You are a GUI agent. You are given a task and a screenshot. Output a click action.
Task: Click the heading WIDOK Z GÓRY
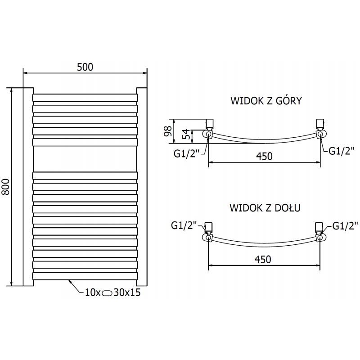coord(265,100)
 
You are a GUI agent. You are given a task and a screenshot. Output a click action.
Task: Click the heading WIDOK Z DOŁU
coord(265,208)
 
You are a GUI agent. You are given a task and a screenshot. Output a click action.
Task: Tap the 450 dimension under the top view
coord(264,156)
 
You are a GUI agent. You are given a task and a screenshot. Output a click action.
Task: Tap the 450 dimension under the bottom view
coord(263,260)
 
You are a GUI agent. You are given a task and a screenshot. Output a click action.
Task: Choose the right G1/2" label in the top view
coord(342,151)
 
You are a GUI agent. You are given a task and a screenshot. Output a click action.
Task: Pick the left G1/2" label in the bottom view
coord(184,225)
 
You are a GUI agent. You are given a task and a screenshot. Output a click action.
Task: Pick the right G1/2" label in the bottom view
coord(345,225)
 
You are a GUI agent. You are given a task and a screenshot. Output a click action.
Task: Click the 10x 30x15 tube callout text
coord(112,292)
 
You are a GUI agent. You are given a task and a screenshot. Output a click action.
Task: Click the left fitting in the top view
coord(209,130)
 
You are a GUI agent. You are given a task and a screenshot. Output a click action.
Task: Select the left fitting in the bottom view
coord(209,232)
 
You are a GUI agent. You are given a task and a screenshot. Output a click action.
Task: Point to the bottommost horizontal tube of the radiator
coord(85,275)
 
